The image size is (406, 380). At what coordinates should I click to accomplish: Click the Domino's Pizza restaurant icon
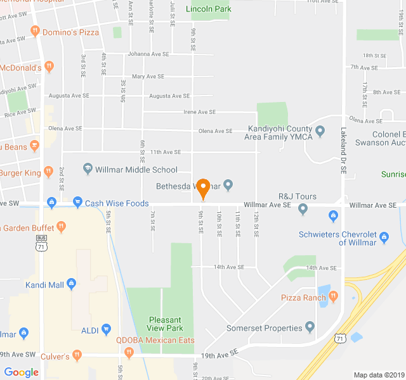(35, 30)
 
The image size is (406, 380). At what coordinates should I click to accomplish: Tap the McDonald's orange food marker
(49, 66)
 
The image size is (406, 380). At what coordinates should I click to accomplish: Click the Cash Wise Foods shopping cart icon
(77, 203)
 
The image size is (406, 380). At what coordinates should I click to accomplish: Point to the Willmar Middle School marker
(88, 169)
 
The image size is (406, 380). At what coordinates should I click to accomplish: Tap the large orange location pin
(203, 189)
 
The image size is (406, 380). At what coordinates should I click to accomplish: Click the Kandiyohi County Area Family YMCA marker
(320, 132)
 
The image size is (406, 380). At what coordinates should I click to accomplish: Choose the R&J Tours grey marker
(303, 208)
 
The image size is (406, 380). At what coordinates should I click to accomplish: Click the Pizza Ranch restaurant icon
(333, 296)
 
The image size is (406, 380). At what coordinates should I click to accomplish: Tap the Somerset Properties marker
(310, 327)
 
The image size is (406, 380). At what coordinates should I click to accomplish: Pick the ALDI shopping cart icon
(106, 329)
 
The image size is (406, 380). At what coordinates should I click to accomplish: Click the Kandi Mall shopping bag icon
(72, 284)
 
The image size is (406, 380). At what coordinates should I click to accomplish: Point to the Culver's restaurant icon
(77, 356)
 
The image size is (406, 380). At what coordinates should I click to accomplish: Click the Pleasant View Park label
(165, 324)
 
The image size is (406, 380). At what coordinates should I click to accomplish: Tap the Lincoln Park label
(208, 9)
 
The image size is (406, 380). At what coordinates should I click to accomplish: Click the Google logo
(21, 372)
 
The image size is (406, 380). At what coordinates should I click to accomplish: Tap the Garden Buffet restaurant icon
(61, 226)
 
